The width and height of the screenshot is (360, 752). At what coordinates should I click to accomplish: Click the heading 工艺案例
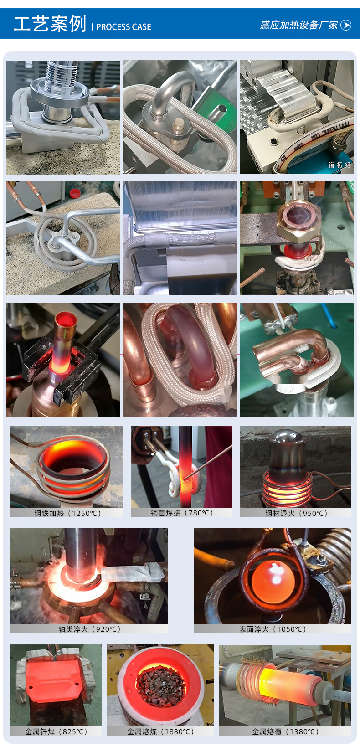pyautogui.click(x=50, y=24)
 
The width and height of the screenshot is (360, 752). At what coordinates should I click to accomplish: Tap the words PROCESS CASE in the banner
pyautogui.click(x=123, y=27)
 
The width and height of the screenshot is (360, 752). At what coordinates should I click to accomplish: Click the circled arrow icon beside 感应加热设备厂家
pyautogui.click(x=345, y=25)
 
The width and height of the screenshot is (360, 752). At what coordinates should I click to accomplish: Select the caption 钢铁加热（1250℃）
pyautogui.click(x=67, y=513)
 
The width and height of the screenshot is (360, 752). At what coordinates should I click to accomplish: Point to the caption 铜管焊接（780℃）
pyautogui.click(x=182, y=513)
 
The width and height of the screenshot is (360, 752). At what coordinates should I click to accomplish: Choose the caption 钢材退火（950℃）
pyautogui.click(x=296, y=513)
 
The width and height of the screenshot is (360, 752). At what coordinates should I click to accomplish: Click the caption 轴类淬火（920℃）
pyautogui.click(x=89, y=629)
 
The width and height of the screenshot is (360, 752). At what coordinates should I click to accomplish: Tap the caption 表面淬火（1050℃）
pyautogui.click(x=273, y=629)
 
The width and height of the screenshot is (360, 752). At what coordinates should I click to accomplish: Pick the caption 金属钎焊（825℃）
pyautogui.click(x=56, y=731)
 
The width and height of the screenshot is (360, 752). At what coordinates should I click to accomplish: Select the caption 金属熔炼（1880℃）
pyautogui.click(x=160, y=731)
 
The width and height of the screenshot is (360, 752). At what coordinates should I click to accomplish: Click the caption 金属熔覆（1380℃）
pyautogui.click(x=285, y=731)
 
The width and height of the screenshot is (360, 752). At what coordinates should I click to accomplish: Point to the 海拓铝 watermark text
pyautogui.click(x=339, y=165)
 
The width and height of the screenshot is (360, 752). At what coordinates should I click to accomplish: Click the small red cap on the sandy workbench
pyautogui.click(x=75, y=193)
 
